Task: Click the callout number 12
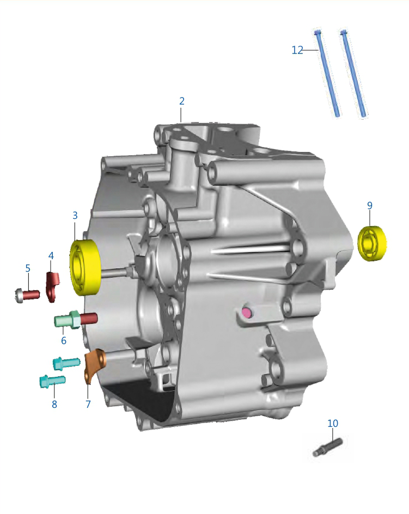pyautogui.click(x=297, y=50)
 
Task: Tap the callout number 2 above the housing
pyautogui.click(x=182, y=101)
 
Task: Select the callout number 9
pyautogui.click(x=370, y=205)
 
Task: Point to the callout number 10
pyautogui.click(x=333, y=423)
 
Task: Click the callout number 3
pyautogui.click(x=75, y=216)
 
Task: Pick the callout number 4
pyautogui.click(x=51, y=256)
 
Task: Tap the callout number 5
pyautogui.click(x=28, y=268)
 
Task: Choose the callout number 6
pyautogui.click(x=64, y=341)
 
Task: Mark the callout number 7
pyautogui.click(x=88, y=404)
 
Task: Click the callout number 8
pyautogui.click(x=54, y=404)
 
